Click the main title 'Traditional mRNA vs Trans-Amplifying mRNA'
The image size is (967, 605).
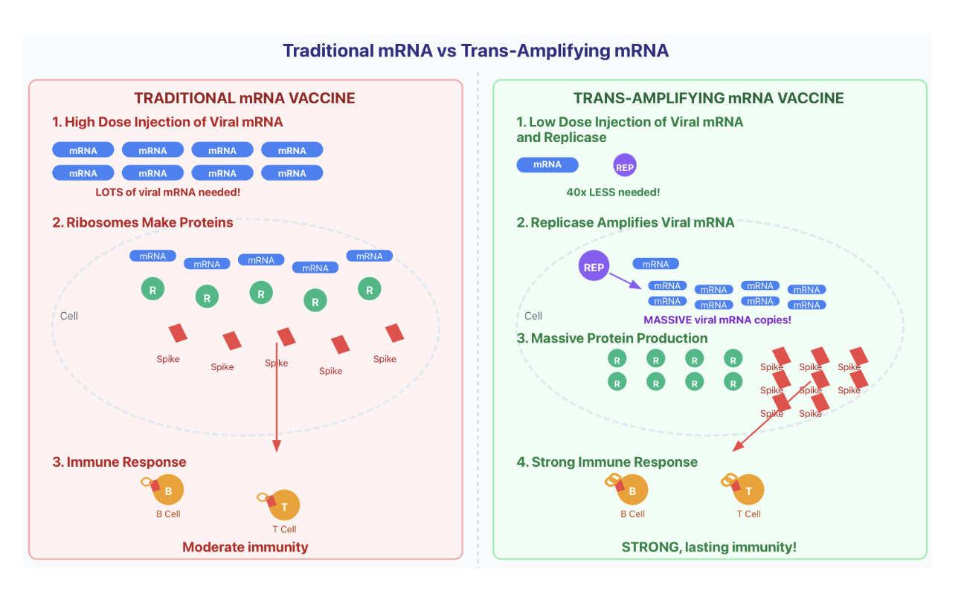click(475, 51)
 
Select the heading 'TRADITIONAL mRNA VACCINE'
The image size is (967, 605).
click(245, 98)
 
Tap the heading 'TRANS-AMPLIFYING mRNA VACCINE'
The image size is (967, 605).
click(708, 98)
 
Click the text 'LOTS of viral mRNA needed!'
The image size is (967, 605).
click(168, 192)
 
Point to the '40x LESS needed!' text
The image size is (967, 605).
click(613, 192)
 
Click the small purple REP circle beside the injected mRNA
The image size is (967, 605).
click(625, 166)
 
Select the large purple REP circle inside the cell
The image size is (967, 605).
click(594, 267)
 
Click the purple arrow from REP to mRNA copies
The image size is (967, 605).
click(626, 281)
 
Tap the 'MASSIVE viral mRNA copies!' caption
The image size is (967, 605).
click(717, 320)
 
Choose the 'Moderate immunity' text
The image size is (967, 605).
click(245, 547)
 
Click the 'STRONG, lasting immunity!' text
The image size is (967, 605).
click(708, 547)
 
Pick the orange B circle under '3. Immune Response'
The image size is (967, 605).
click(169, 491)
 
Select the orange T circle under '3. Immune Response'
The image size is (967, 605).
click(285, 506)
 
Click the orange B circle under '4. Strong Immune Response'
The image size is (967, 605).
click(633, 491)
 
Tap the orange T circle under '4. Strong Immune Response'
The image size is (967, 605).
click(749, 491)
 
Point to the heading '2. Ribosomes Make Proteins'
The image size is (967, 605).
click(143, 222)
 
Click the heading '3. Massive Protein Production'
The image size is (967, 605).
click(612, 338)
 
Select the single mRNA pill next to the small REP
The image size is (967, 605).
click(547, 164)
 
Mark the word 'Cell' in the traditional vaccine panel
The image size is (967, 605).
click(69, 316)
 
